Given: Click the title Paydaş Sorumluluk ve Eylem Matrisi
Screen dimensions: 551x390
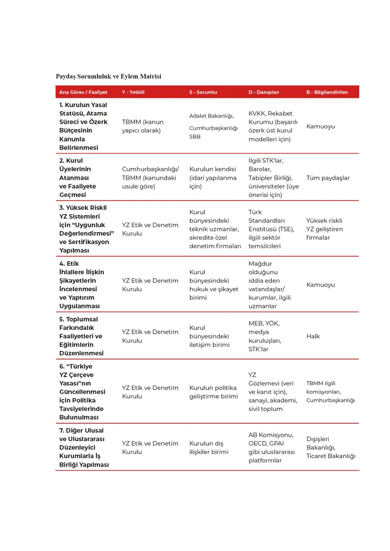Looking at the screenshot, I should pyautogui.click(x=109, y=76).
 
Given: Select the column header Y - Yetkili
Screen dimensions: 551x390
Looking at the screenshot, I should pyautogui.click(x=133, y=92).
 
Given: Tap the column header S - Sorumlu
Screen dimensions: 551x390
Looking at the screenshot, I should pyautogui.click(x=203, y=92).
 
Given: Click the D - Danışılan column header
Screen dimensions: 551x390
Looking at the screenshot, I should pyautogui.click(x=264, y=92).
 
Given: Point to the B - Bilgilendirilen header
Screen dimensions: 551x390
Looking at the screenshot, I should pyautogui.click(x=327, y=92).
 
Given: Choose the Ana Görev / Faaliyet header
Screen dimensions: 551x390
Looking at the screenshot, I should pyautogui.click(x=83, y=92).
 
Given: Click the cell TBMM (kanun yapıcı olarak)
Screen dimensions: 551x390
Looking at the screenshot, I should pyautogui.click(x=143, y=126).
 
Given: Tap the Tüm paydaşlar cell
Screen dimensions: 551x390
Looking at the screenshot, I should pyautogui.click(x=328, y=178).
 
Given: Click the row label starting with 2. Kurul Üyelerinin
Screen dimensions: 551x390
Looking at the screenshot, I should pyautogui.click(x=78, y=178).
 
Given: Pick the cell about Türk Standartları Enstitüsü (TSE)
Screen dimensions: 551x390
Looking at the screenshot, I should pyautogui.click(x=271, y=229).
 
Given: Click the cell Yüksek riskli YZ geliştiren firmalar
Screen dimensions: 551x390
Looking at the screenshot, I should pyautogui.click(x=324, y=229).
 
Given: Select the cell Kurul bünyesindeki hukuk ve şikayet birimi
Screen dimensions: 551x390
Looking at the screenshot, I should pyautogui.click(x=213, y=284).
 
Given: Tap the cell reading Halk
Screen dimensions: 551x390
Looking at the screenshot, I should pyautogui.click(x=313, y=336).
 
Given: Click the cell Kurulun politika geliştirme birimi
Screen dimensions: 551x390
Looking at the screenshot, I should pyautogui.click(x=213, y=392).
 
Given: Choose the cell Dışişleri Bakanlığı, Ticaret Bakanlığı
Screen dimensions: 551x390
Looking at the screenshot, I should pyautogui.click(x=331, y=447).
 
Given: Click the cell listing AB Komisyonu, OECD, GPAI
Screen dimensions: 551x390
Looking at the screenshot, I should pyautogui.click(x=272, y=447).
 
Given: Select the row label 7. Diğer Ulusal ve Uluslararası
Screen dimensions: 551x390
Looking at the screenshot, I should pyautogui.click(x=84, y=447).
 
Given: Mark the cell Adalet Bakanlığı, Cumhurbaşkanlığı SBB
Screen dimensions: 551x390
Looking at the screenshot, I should pyautogui.click(x=213, y=126).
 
